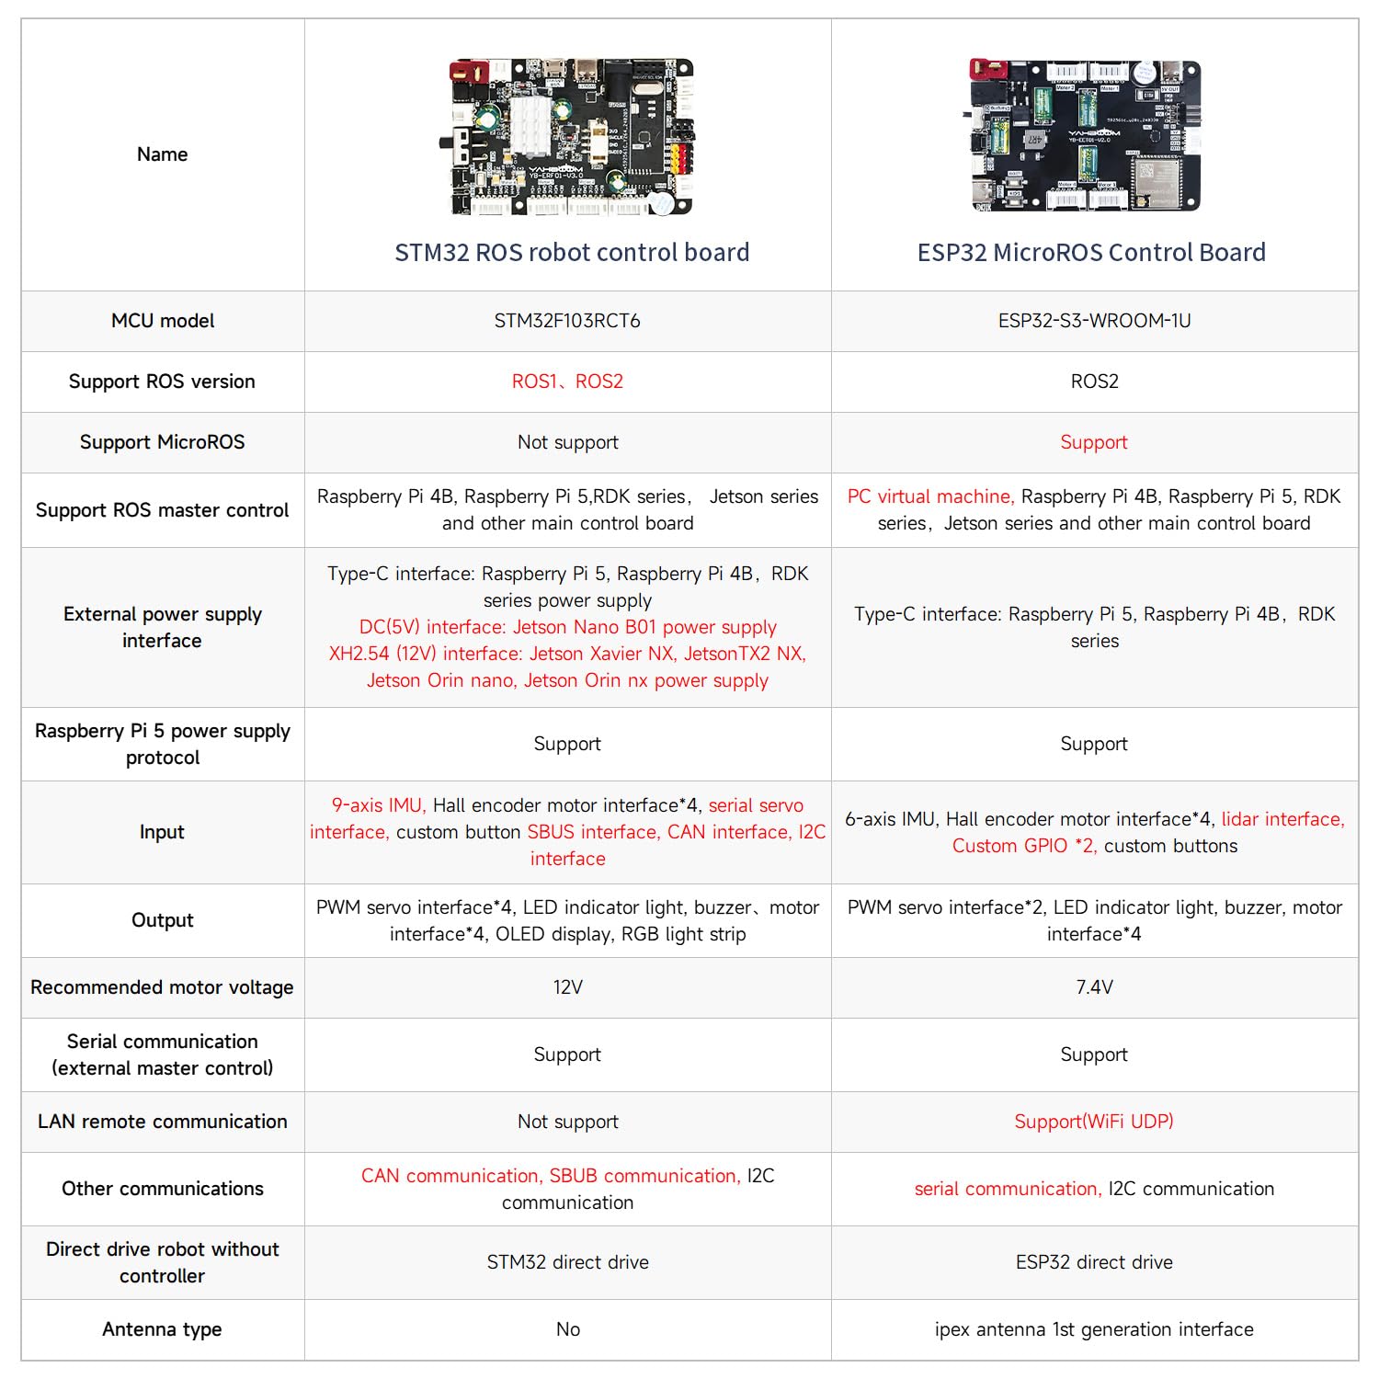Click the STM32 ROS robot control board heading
pyautogui.click(x=572, y=253)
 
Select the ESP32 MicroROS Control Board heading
pyautogui.click(x=1091, y=253)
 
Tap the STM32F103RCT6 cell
pyautogui.click(x=567, y=321)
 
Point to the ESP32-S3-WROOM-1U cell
pyautogui.click(x=1094, y=321)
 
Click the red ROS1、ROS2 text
pyautogui.click(x=567, y=382)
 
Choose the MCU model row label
pyautogui.click(x=163, y=321)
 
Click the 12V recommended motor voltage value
pyautogui.click(x=567, y=987)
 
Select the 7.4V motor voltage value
pyautogui.click(x=1094, y=987)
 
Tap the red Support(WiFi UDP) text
pyautogui.click(x=1094, y=1122)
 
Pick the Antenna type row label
pyautogui.click(x=163, y=1329)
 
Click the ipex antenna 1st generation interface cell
pyautogui.click(x=1094, y=1329)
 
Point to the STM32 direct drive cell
pyautogui.click(x=567, y=1262)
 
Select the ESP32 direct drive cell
pyautogui.click(x=1094, y=1262)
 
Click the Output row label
pyautogui.click(x=163, y=920)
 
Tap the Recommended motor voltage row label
pyautogui.click(x=163, y=987)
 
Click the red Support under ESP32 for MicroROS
pyautogui.click(x=1094, y=442)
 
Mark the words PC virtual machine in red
pyautogui.click(x=930, y=496)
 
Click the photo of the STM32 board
pyautogui.click(x=572, y=138)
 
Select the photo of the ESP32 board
pyautogui.click(x=1085, y=136)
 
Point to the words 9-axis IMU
pyautogui.click(x=378, y=805)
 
